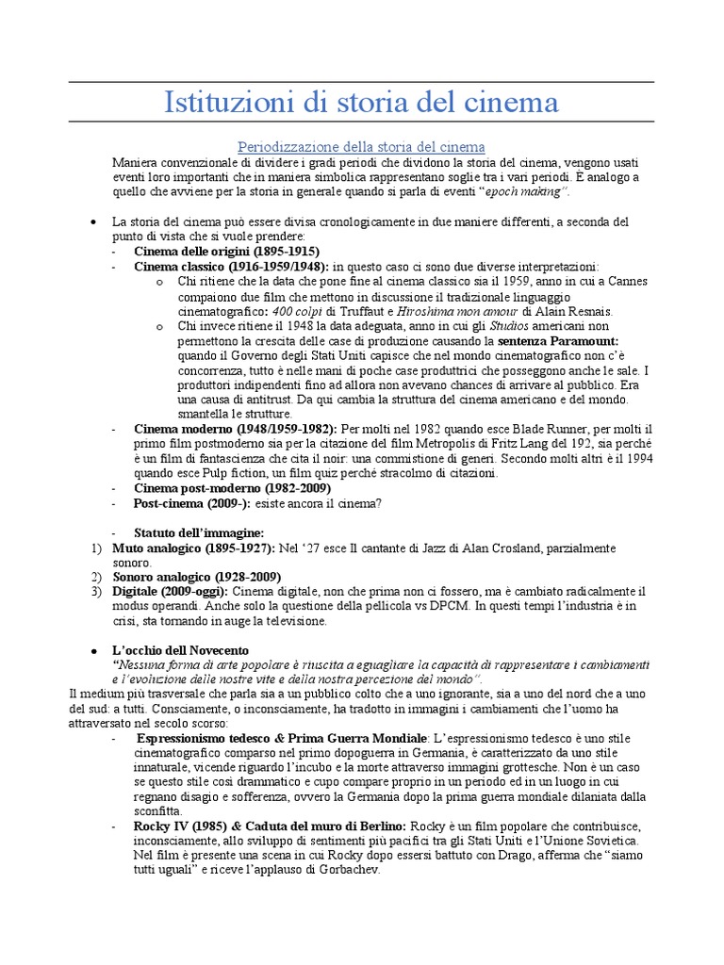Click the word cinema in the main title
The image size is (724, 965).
505,102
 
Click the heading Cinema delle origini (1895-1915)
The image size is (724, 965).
226,252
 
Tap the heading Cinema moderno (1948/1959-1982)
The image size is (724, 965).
236,429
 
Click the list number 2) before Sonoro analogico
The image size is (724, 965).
96,577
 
